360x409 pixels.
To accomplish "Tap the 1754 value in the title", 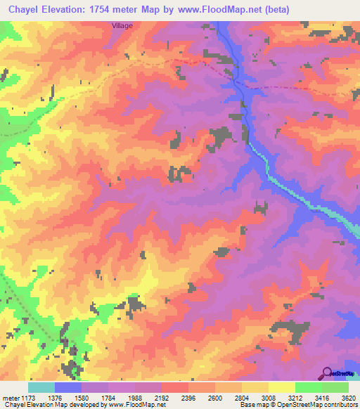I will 100,9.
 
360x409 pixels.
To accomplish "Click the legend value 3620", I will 349,397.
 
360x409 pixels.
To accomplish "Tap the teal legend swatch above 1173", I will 41,387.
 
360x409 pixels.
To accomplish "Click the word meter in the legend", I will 11,397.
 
